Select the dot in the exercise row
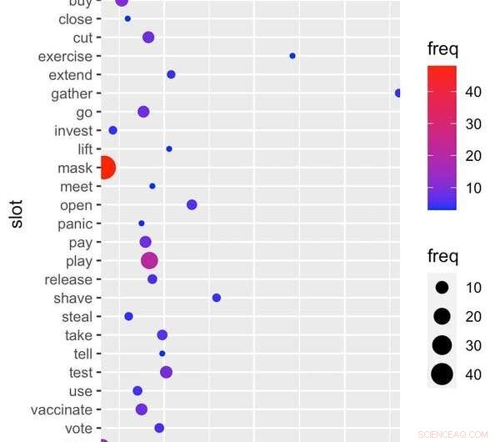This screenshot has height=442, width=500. tap(292, 56)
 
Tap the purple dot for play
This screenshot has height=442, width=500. tap(149, 260)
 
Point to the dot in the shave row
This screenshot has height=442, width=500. tap(217, 298)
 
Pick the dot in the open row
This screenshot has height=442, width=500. tap(192, 204)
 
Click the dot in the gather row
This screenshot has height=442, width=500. tap(398, 93)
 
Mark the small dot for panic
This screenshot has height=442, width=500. tap(142, 224)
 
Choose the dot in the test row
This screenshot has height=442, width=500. tap(166, 372)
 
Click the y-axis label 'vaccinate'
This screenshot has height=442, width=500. tap(62, 409)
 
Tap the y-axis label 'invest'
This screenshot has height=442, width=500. tap(73, 130)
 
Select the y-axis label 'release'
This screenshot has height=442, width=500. tap(68, 279)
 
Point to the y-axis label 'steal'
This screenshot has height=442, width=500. tap(77, 317)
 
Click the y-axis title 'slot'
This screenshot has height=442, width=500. tap(15, 213)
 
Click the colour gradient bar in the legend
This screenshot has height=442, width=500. tap(442, 138)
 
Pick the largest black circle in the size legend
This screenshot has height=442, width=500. tap(442, 375)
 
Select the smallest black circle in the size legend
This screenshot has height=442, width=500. tap(442, 288)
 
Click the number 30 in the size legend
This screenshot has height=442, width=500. tap(473, 345)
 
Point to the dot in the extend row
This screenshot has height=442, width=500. tap(171, 74)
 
